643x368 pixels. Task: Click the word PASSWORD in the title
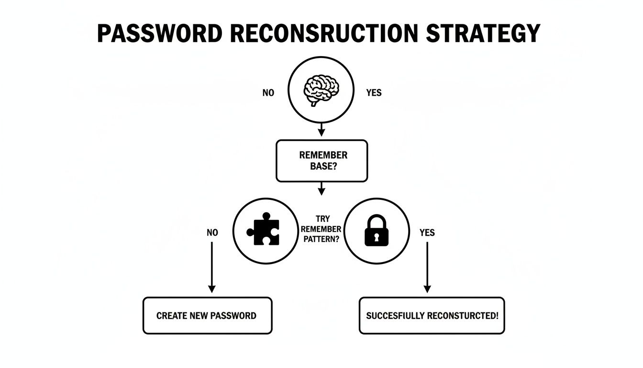[x=160, y=34]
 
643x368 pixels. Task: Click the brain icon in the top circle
[x=321, y=90]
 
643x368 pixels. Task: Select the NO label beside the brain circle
[x=268, y=93]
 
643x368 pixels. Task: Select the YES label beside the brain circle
[x=374, y=93]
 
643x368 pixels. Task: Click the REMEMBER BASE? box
[x=321, y=161]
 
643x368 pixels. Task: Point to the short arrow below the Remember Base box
[x=321, y=188]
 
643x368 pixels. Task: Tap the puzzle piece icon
[x=264, y=229]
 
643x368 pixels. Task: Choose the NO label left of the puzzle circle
[x=212, y=233]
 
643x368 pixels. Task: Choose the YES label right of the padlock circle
[x=427, y=233]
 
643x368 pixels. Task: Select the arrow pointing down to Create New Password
[x=211, y=268]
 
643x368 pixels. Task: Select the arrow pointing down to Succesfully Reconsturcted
[x=427, y=268]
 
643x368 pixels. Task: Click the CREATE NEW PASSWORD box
[x=207, y=316]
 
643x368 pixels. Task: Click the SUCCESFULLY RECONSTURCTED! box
[x=432, y=316]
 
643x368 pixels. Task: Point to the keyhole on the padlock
[x=377, y=237]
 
